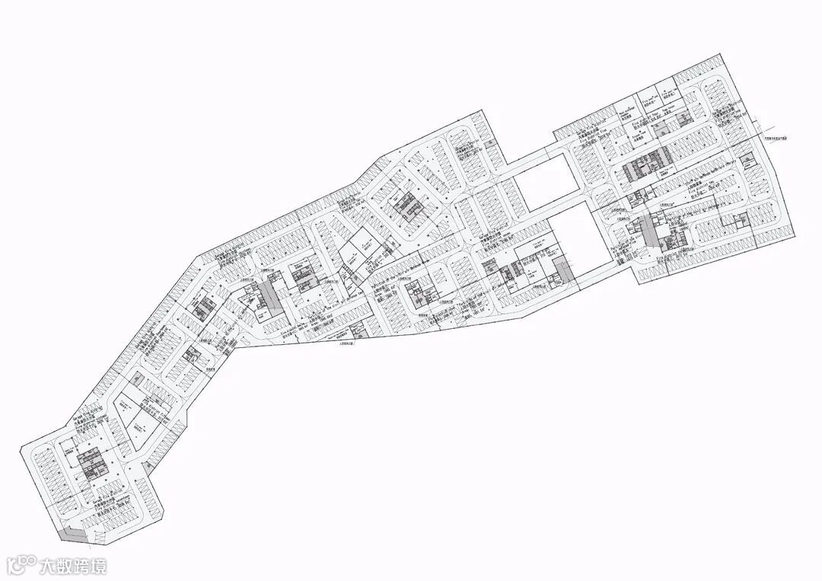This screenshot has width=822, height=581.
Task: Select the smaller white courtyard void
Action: pyautogui.click(x=544, y=183)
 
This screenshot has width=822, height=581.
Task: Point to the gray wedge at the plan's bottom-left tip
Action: pyautogui.click(x=75, y=535)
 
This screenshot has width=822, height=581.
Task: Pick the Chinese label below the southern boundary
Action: pyautogui.click(x=347, y=344)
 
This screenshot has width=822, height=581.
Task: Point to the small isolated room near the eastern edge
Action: pyautogui.click(x=739, y=221)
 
